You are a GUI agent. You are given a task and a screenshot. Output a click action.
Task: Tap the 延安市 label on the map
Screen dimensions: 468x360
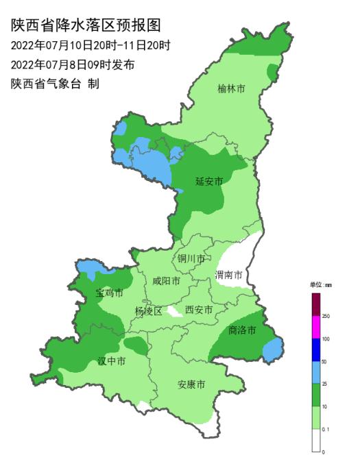(x=209, y=182)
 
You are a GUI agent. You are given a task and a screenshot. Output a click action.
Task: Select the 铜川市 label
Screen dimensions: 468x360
(x=191, y=258)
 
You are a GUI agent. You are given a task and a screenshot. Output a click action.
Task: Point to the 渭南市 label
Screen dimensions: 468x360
(x=228, y=275)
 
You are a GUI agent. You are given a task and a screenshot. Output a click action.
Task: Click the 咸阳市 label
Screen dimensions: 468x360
(x=167, y=281)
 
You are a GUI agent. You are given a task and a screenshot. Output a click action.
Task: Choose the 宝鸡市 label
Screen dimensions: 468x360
(x=109, y=293)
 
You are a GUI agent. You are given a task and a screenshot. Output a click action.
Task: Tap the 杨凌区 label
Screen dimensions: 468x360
(x=148, y=310)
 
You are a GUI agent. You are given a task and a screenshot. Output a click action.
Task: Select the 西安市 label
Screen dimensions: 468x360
(x=199, y=309)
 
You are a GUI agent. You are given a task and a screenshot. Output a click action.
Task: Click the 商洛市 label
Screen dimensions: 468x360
(x=241, y=330)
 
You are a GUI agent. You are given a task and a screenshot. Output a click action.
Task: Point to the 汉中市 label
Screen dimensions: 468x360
(x=110, y=361)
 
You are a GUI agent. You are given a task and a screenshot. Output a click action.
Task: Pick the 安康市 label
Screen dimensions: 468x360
(x=191, y=384)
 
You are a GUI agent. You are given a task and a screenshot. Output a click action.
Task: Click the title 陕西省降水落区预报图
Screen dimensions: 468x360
(x=86, y=26)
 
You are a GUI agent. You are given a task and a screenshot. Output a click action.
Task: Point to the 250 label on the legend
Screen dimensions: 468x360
(x=326, y=316)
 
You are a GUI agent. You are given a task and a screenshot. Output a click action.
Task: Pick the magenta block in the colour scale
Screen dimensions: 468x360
(x=315, y=327)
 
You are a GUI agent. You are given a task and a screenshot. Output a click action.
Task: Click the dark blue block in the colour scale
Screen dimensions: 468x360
(x=315, y=349)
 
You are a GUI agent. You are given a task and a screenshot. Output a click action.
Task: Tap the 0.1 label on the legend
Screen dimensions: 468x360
(x=326, y=429)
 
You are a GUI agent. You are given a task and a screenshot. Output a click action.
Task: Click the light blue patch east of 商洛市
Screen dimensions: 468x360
(x=272, y=349)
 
